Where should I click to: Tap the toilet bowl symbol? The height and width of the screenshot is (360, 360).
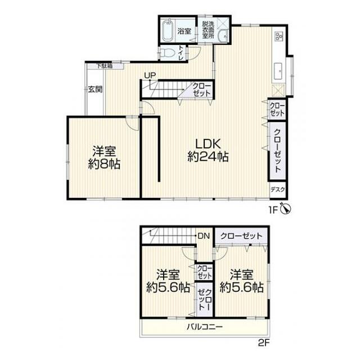168,54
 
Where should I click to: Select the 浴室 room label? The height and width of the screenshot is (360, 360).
184,31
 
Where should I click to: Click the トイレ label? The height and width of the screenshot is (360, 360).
181,53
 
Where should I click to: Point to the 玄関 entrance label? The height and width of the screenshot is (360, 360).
95,89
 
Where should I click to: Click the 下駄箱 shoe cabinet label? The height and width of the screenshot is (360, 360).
104,66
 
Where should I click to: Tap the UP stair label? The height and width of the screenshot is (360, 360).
150,75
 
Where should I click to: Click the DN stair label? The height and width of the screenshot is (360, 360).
204,236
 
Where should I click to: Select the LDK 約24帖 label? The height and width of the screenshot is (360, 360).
208,150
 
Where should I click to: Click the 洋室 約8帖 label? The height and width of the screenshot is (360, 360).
104,157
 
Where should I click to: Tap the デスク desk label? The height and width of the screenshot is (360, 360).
278,190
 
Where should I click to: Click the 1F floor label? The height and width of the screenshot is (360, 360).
274,210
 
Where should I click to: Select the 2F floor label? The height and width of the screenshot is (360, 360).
263,343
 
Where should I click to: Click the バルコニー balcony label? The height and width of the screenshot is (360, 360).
205,326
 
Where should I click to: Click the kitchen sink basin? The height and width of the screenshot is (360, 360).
279,70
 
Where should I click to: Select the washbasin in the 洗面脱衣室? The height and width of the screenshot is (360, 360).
223,36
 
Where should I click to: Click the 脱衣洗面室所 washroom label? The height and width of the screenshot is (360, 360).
208,30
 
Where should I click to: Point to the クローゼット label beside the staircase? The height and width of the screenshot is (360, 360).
201,89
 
